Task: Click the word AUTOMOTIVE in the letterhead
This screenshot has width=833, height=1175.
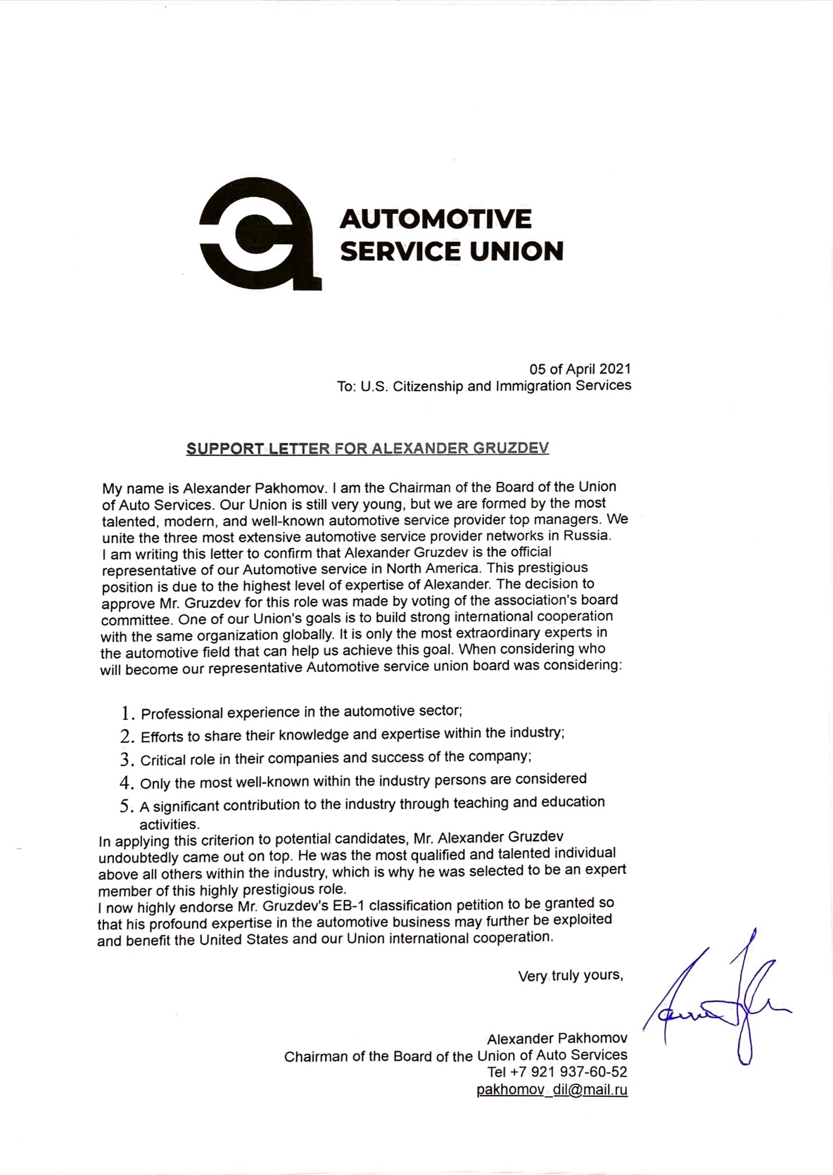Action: pos(435,219)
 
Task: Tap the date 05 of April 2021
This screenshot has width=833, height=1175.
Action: pos(580,369)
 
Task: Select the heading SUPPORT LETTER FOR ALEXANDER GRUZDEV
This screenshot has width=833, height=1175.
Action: pos(367,449)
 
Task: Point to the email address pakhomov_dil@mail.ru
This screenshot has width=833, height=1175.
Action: pos(552,1090)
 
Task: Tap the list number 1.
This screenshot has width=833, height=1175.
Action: pos(127,713)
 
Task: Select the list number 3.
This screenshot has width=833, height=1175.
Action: pos(127,760)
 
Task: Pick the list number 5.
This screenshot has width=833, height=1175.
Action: pos(127,806)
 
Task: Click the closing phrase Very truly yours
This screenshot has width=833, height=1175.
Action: pos(570,976)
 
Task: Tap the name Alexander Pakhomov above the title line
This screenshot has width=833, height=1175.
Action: pos(557,1039)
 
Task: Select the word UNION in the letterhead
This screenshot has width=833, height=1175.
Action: pos(516,251)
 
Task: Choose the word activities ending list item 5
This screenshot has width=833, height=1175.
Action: pos(170,823)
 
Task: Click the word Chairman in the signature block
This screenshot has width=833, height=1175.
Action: pos(316,1056)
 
